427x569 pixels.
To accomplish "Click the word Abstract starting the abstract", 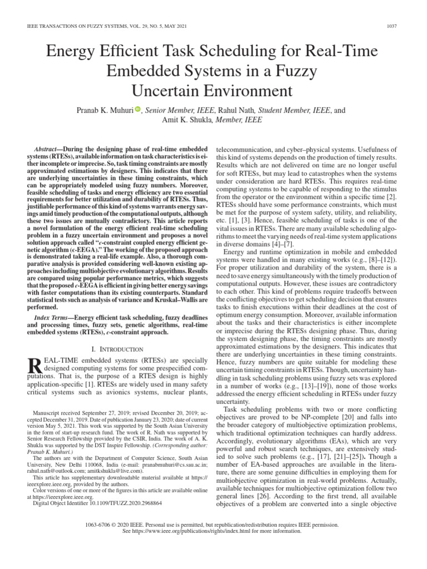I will pyautogui.click(x=47, y=150).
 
